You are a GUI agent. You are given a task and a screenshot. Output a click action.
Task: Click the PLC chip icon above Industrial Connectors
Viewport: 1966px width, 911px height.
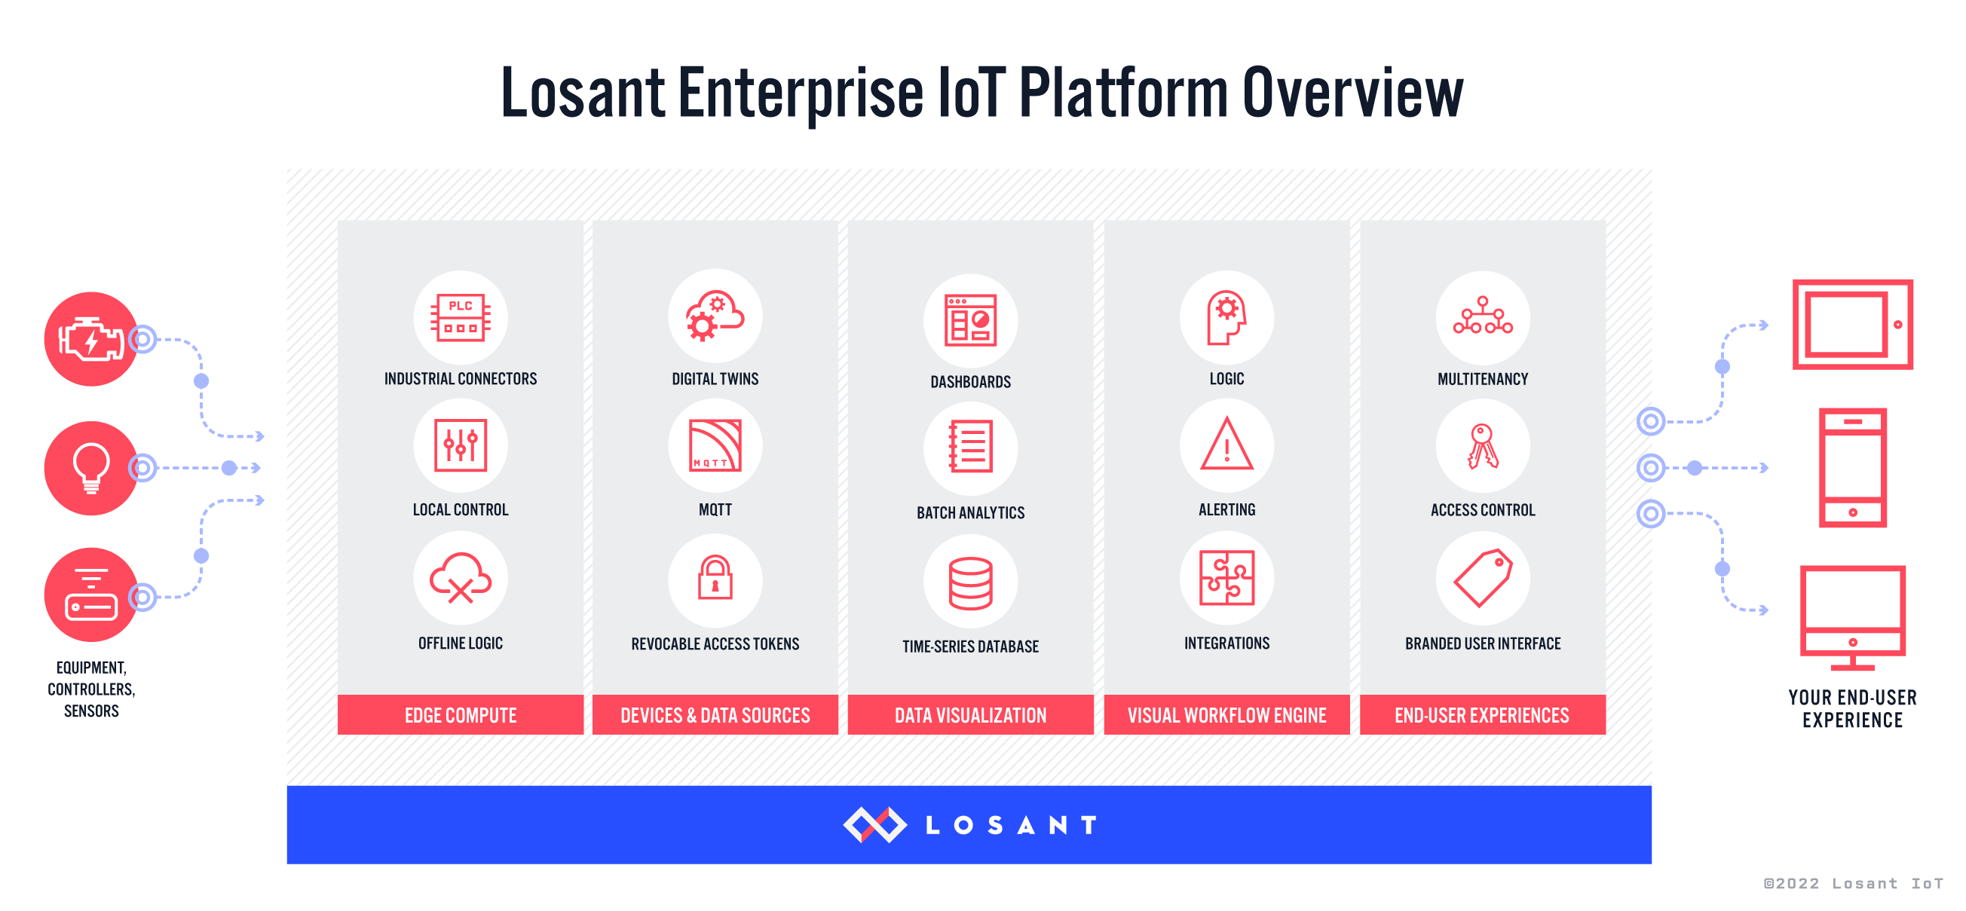click(460, 317)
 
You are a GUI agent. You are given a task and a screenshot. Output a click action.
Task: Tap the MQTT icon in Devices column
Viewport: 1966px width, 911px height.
click(715, 445)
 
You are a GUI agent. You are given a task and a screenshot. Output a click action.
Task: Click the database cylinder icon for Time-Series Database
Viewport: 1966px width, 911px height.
click(970, 583)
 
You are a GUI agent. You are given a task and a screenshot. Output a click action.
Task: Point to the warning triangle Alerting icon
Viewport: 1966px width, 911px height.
click(1226, 445)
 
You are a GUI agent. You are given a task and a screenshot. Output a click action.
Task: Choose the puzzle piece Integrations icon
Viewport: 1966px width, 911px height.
click(1226, 578)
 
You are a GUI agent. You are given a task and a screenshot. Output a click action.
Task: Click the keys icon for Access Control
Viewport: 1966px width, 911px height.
click(1482, 445)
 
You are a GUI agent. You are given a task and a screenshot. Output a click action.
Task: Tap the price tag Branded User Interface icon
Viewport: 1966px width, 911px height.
click(1482, 578)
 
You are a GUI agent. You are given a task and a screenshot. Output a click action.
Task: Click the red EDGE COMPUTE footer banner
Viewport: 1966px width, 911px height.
click(460, 715)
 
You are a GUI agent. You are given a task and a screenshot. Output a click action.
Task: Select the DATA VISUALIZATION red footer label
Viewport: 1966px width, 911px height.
click(970, 715)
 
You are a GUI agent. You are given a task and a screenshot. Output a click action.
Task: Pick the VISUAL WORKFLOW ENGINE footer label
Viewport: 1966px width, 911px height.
click(1226, 715)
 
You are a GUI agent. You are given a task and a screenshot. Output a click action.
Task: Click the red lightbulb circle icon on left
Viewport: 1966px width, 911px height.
click(90, 468)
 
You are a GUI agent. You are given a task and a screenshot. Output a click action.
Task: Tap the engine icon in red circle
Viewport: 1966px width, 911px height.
click(90, 339)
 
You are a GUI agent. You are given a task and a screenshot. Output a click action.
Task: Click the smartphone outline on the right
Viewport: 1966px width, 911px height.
click(1852, 468)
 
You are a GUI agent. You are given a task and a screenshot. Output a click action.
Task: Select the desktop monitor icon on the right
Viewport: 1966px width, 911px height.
click(1852, 616)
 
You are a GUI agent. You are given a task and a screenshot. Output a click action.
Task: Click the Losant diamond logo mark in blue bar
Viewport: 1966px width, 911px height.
click(874, 825)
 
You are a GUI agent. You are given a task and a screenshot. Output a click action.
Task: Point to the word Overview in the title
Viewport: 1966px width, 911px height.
click(1352, 93)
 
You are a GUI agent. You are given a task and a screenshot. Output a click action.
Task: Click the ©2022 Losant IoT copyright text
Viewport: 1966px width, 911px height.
click(1853, 884)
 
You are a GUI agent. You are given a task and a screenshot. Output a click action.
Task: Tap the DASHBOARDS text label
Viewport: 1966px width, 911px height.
click(970, 381)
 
